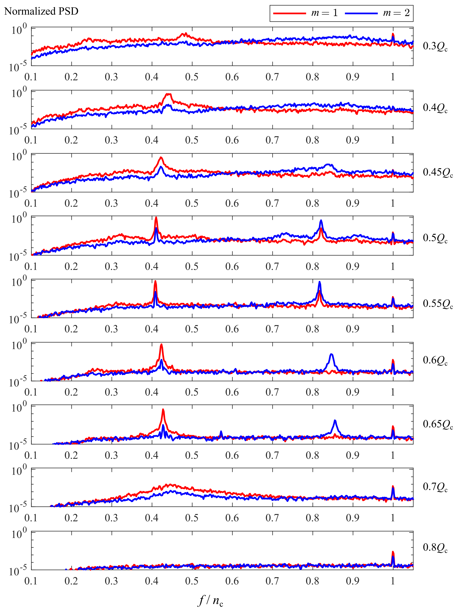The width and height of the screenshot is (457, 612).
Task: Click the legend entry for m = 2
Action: point(378,13)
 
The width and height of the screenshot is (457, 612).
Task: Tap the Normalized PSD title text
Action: point(41,11)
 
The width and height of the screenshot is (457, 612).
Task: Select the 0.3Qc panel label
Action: point(435,46)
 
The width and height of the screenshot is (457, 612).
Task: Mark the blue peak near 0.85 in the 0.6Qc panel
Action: point(331,355)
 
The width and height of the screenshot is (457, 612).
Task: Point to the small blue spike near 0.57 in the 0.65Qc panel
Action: point(221,432)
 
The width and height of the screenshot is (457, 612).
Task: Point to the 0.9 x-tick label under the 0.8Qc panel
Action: point(353,581)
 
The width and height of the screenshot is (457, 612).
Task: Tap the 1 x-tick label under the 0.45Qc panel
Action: point(393,203)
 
